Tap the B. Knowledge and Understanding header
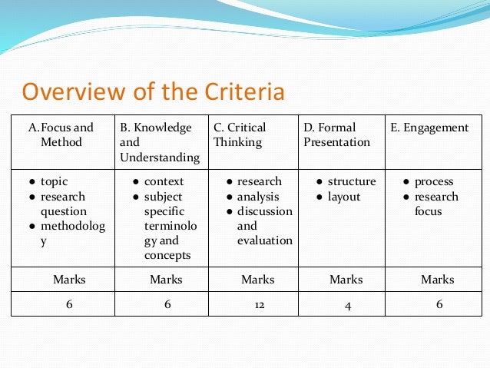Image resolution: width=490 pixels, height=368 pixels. [x=160, y=142]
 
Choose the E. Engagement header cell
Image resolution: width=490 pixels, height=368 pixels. [x=429, y=128]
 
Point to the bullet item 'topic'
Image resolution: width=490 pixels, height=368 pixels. [x=55, y=182]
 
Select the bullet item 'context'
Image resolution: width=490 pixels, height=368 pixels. [x=164, y=182]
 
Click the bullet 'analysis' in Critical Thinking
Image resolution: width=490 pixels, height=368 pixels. [x=259, y=197]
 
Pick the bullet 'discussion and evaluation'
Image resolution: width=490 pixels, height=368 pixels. [x=264, y=226]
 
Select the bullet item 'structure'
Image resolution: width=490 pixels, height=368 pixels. [x=351, y=182]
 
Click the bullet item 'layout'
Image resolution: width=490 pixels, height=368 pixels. [x=343, y=197]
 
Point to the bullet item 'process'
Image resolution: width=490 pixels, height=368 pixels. [x=434, y=182]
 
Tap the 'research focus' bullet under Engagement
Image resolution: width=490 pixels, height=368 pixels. [x=435, y=204]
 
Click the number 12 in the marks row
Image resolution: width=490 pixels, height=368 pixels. [x=259, y=305]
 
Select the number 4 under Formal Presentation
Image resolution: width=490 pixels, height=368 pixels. [x=348, y=305]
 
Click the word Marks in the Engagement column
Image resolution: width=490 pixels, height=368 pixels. [x=438, y=280]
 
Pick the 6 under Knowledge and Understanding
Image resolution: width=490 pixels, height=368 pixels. [x=167, y=304]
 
